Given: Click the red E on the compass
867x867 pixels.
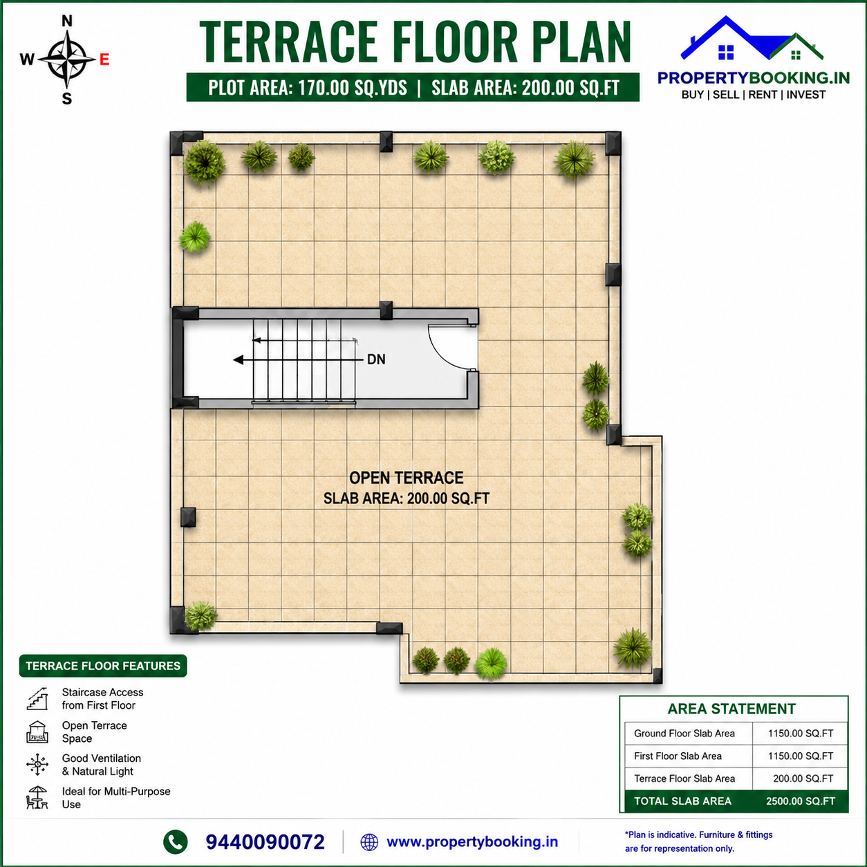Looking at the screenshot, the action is click(104, 59).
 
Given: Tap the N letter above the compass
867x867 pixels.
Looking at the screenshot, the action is click(66, 21).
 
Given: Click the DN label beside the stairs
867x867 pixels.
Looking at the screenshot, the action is click(376, 360).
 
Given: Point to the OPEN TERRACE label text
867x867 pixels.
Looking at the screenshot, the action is click(407, 478).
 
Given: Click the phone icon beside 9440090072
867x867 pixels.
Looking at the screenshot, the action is click(175, 842).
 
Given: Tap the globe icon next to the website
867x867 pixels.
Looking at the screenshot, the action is click(369, 842).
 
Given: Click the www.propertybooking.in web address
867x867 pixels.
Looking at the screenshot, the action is click(472, 842).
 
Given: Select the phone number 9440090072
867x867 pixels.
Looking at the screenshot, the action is click(265, 842).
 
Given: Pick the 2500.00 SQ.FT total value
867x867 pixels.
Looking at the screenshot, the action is click(801, 801).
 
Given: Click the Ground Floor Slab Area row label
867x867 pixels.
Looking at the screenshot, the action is click(684, 734).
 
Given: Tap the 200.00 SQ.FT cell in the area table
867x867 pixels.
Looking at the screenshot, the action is click(803, 779).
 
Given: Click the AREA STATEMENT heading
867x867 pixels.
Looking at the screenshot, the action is click(731, 709).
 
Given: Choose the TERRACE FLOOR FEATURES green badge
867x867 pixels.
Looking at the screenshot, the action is click(102, 666).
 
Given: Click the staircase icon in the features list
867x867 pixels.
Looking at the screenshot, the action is click(37, 699).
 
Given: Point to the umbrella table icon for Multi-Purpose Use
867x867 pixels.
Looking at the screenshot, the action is click(37, 798).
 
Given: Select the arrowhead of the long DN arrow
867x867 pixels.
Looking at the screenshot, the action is click(238, 360).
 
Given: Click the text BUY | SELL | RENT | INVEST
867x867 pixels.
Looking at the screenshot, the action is click(754, 95).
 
